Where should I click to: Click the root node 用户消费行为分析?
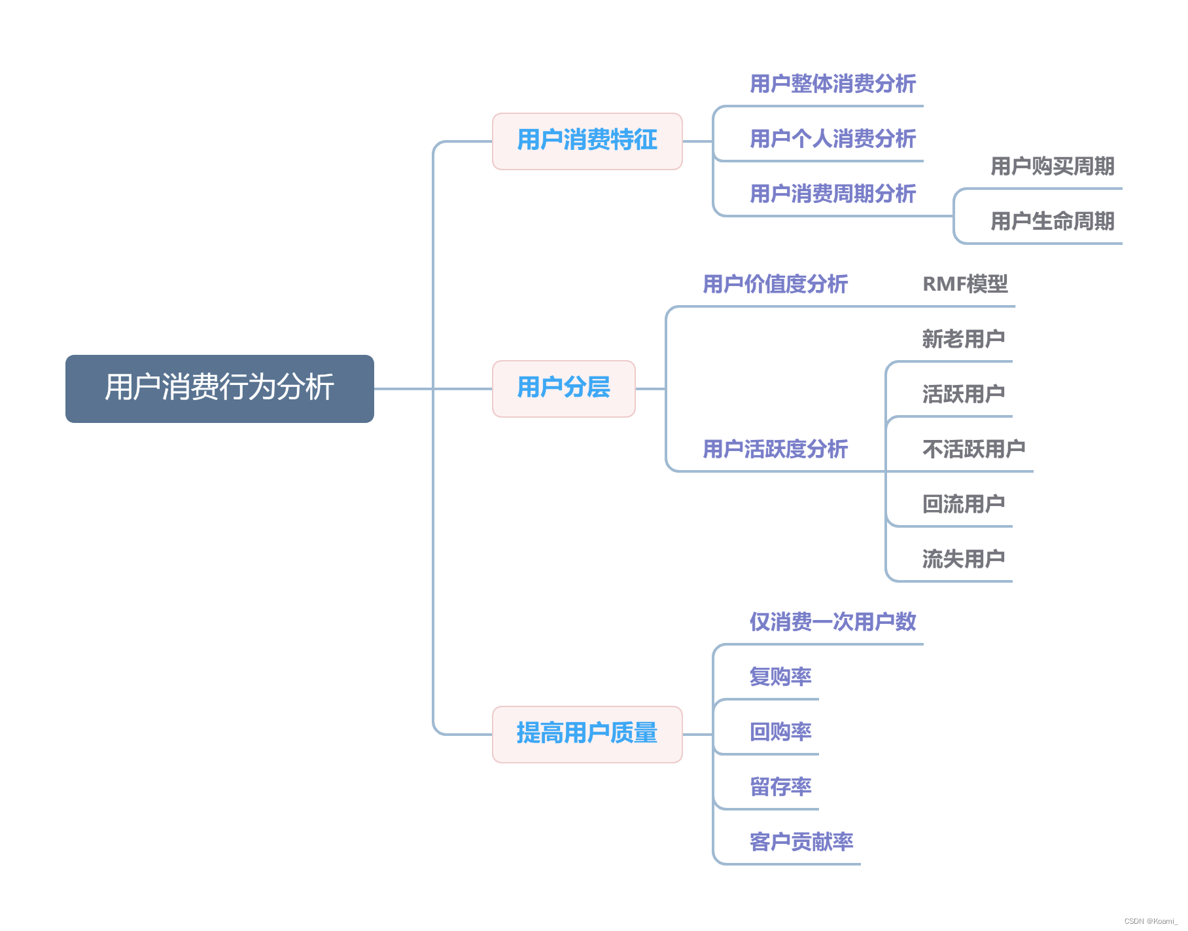point(220,388)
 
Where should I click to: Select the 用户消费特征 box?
point(587,141)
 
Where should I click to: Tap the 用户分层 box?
point(563,388)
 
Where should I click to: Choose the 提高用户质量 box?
point(587,734)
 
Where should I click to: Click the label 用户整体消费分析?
point(832,84)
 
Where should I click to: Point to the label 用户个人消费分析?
point(832,139)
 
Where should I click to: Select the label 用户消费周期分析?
point(832,194)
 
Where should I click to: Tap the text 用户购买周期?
point(1052,166)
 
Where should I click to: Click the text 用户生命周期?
point(1052,221)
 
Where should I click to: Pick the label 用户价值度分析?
point(775,284)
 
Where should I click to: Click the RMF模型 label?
point(965,284)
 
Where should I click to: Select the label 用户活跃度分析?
point(775,449)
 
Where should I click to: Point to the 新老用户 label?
point(963,339)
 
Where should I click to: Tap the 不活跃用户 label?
point(973,449)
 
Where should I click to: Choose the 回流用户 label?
point(963,504)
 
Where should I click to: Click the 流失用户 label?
point(963,559)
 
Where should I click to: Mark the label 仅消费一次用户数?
point(832,622)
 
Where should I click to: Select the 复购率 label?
point(780,677)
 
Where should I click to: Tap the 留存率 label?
point(780,787)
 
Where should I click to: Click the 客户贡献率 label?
point(801,842)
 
